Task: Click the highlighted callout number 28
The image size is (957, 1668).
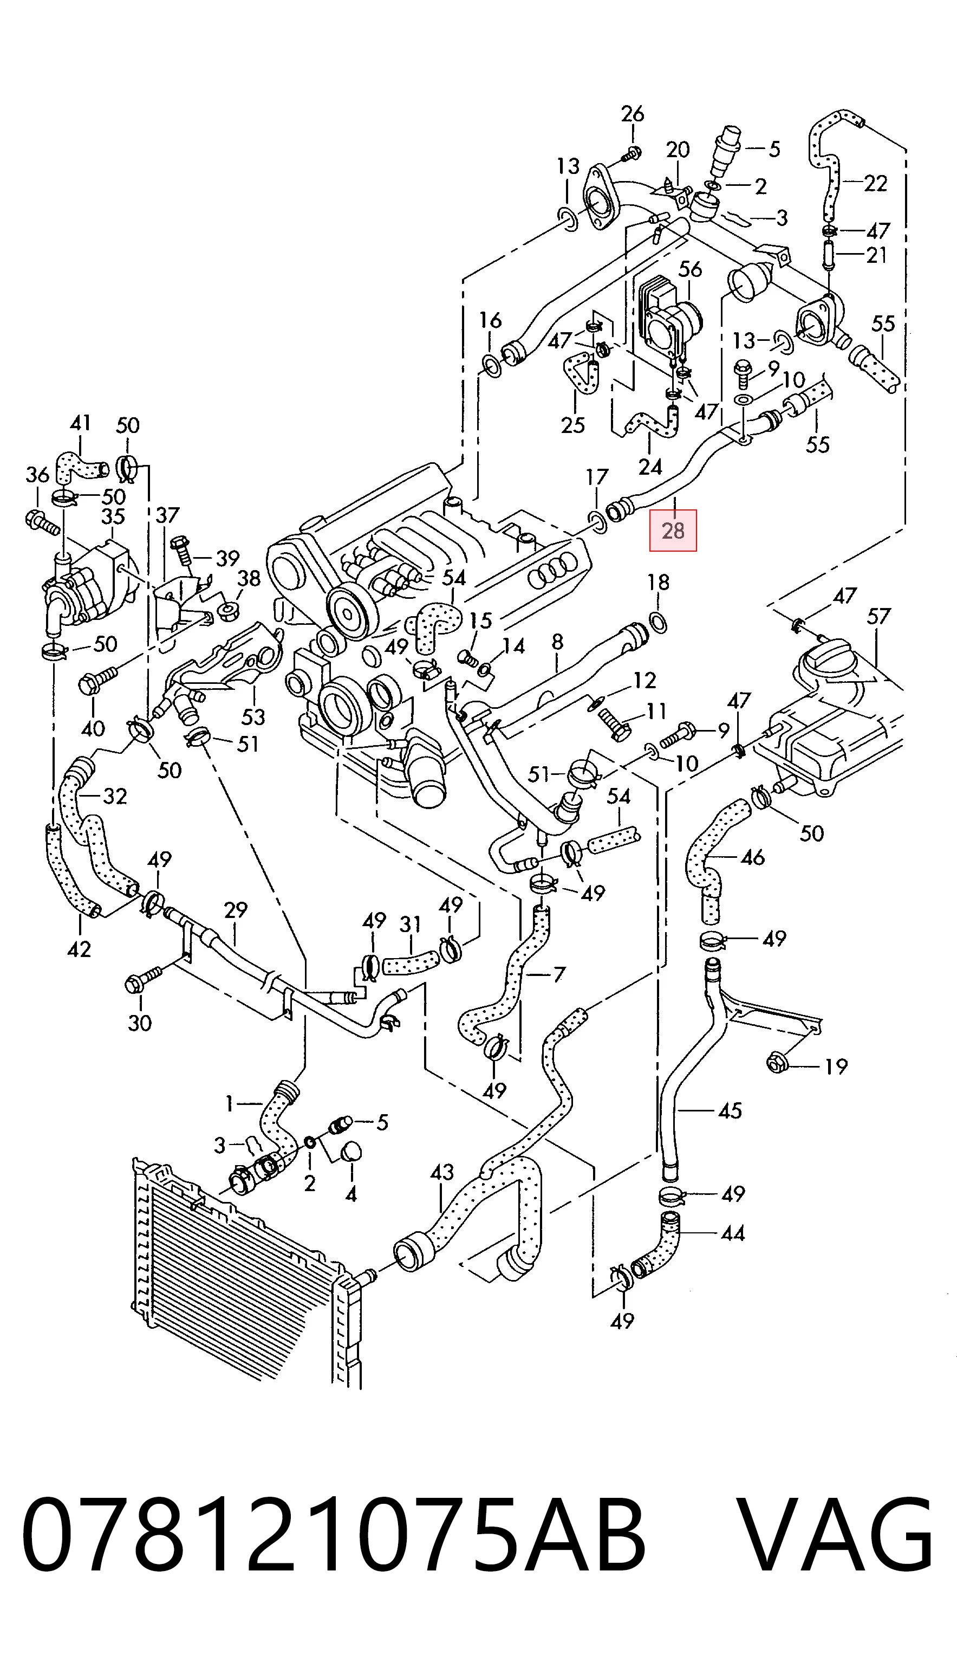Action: [x=673, y=530]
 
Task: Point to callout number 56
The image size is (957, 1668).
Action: [x=690, y=269]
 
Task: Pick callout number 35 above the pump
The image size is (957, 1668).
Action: [x=113, y=516]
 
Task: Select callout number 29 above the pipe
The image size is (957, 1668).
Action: [x=235, y=910]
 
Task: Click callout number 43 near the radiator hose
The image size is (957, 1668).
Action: [x=442, y=1172]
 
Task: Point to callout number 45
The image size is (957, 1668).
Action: [x=730, y=1110]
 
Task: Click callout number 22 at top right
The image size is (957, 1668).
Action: [x=876, y=183]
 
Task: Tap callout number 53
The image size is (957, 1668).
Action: [x=253, y=716]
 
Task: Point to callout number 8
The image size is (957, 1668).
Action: [x=557, y=642]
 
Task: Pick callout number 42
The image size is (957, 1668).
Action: [x=79, y=949]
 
